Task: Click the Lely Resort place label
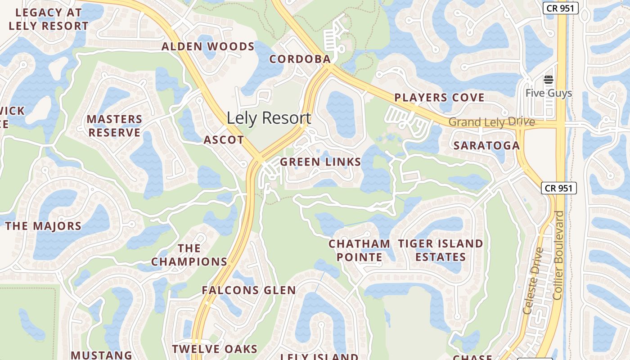269,118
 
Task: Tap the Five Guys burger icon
548,80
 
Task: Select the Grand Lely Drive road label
491,122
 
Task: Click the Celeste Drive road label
534,281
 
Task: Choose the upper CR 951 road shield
560,8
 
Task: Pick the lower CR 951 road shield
558,188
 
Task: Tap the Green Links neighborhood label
320,162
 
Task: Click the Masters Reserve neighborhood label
114,126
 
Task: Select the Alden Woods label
208,46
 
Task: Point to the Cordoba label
300,59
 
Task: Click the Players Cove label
439,98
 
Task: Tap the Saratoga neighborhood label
486,145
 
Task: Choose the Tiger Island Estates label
441,250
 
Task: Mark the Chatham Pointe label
359,250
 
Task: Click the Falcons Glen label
248,290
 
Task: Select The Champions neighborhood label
189,255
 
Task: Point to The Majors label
44,226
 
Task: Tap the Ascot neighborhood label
224,140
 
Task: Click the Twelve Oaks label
215,349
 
